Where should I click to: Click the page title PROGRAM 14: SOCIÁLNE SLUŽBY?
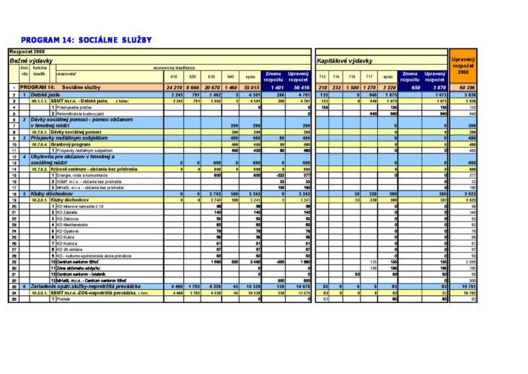point(87,39)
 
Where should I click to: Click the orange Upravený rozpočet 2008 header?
point(462,63)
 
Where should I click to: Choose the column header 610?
point(173,77)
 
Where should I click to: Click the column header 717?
point(369,77)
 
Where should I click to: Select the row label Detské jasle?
point(46,94)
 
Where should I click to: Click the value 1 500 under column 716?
point(352,88)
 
